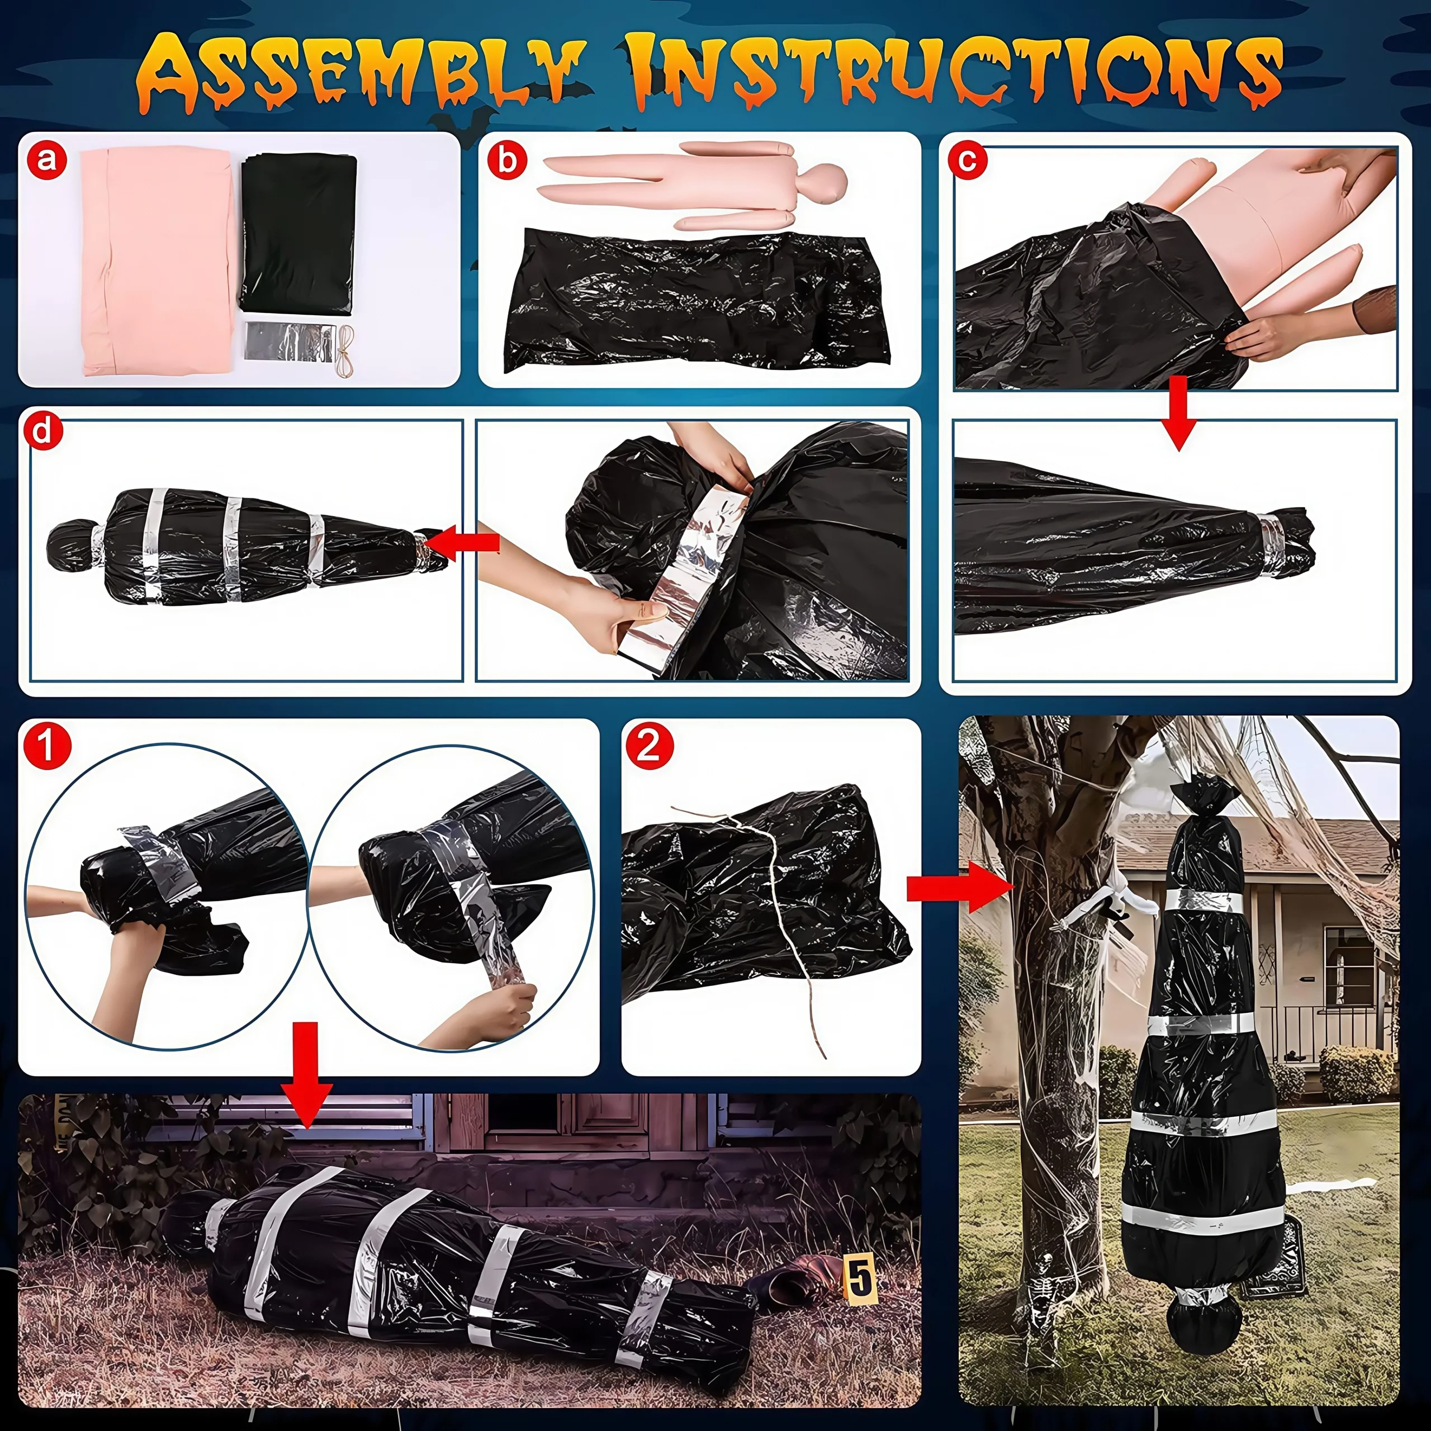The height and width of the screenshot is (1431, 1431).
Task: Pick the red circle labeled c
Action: point(968,160)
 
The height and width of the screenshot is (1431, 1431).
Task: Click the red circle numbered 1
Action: point(46,747)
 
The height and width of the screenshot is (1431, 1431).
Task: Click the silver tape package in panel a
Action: point(289,342)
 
